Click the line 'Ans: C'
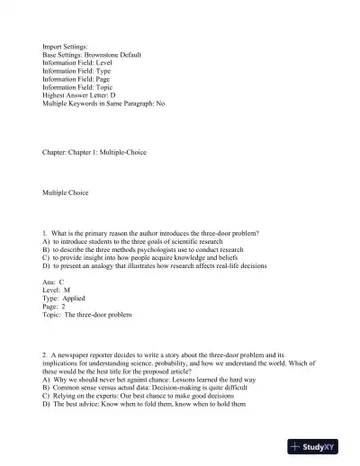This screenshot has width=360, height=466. [58, 283]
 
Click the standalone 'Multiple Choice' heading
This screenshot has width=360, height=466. [72, 193]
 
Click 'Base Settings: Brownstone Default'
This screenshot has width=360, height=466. [103, 54]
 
